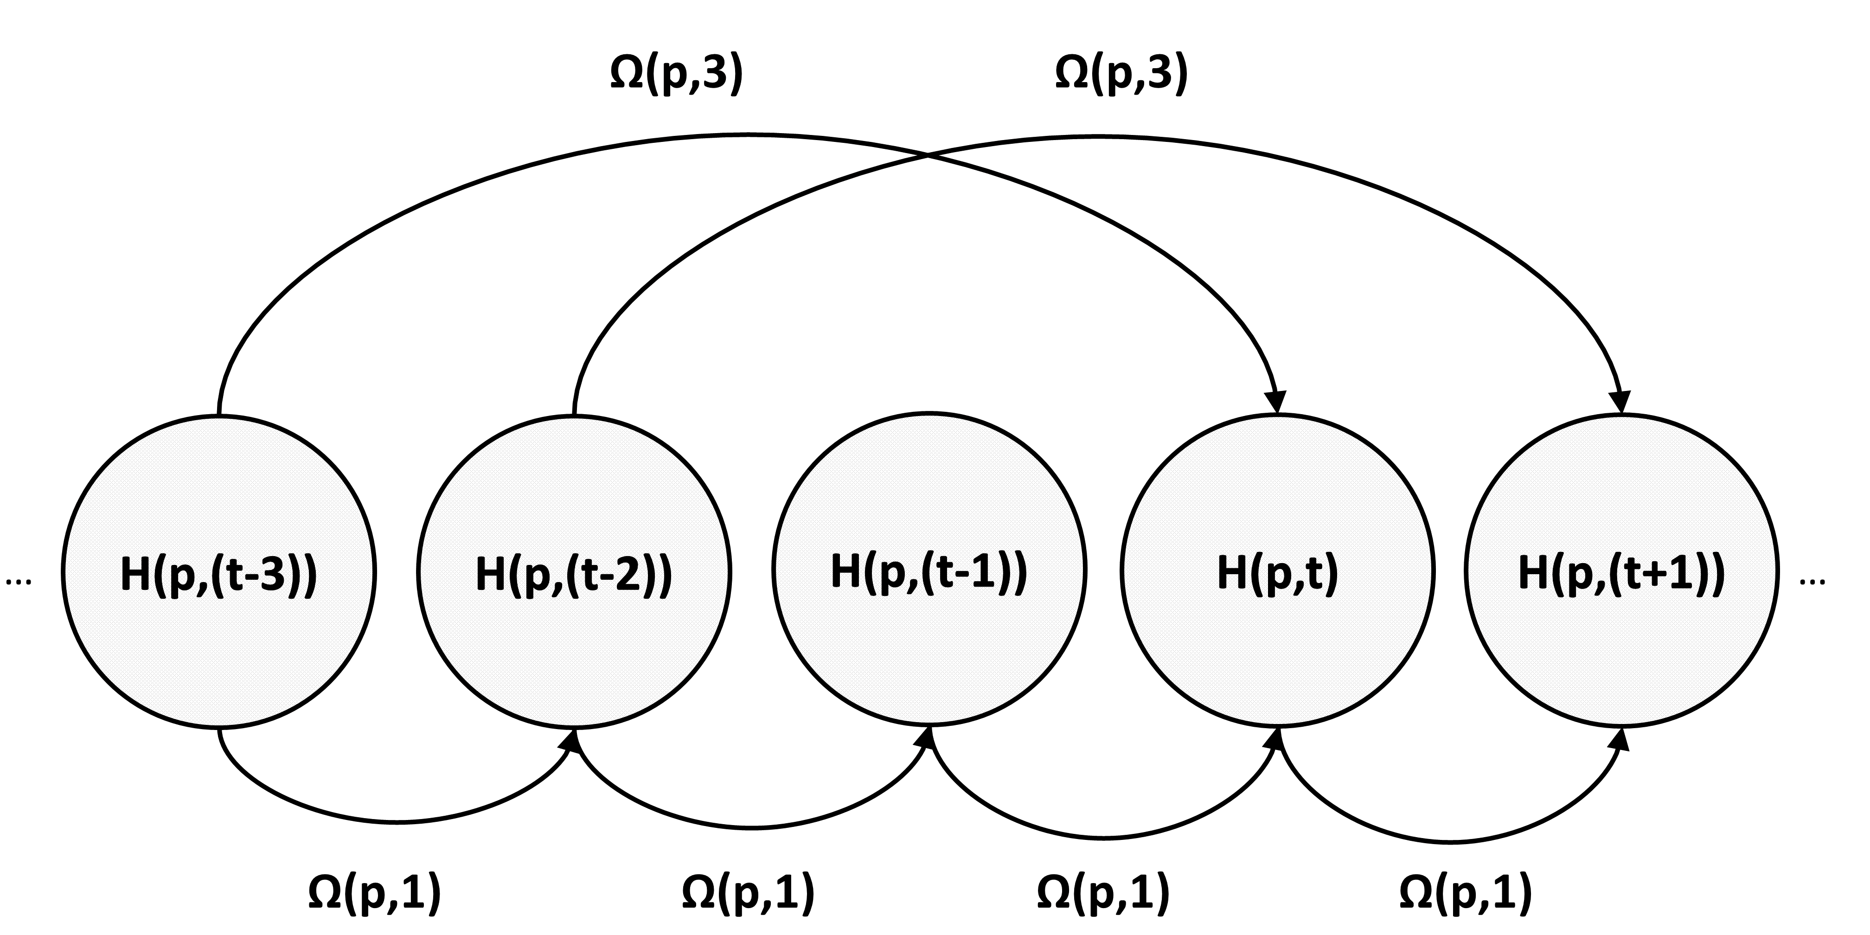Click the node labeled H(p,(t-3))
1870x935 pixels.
point(218,572)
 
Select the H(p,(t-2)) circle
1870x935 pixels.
point(574,572)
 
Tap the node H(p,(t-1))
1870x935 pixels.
point(929,570)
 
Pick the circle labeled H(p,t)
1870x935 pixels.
point(1278,570)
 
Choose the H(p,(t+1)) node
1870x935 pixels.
point(1622,572)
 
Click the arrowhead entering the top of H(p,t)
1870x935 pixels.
point(1276,402)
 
